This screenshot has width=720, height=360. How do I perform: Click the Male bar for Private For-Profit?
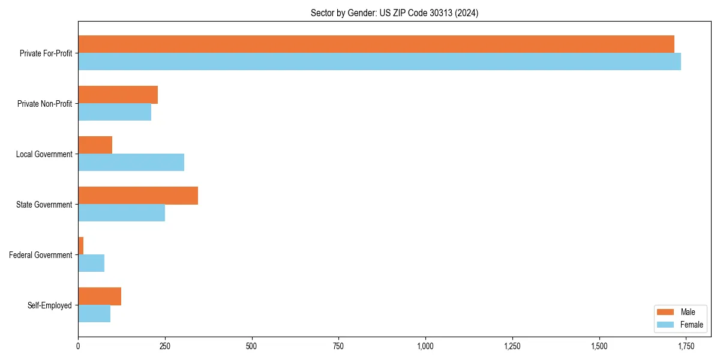pyautogui.click(x=376, y=44)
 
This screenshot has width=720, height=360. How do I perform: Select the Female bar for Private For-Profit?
pyautogui.click(x=379, y=61)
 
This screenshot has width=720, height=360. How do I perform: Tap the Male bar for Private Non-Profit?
pyautogui.click(x=118, y=95)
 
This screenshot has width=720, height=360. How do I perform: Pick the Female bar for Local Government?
pyautogui.click(x=131, y=162)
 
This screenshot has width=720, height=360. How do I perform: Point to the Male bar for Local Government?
pyautogui.click(x=95, y=145)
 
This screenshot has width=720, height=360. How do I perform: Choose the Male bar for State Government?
pyautogui.click(x=138, y=196)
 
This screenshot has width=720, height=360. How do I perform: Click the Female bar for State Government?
pyautogui.click(x=121, y=212)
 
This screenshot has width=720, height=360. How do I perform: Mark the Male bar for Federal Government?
pyautogui.click(x=81, y=246)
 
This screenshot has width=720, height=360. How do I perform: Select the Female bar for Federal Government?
pyautogui.click(x=91, y=263)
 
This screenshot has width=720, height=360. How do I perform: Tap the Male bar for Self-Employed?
pyautogui.click(x=100, y=296)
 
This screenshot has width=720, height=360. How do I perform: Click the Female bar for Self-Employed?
pyautogui.click(x=94, y=313)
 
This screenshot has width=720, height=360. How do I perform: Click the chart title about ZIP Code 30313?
pyautogui.click(x=394, y=13)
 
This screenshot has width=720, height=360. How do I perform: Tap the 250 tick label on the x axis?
pyautogui.click(x=165, y=346)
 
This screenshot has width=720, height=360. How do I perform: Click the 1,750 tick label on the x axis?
pyautogui.click(x=686, y=346)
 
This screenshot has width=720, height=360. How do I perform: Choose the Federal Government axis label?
pyautogui.click(x=41, y=255)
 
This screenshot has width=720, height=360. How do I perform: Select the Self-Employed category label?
pyautogui.click(x=50, y=305)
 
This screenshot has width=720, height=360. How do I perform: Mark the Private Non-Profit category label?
pyautogui.click(x=44, y=104)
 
